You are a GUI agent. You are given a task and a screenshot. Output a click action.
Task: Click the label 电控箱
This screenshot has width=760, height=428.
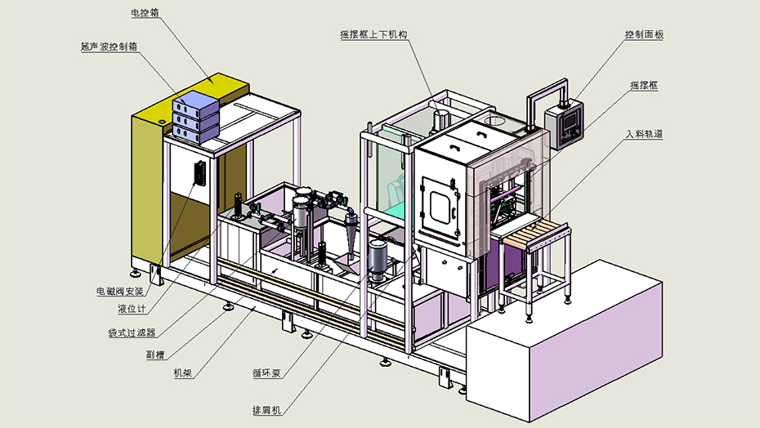145,13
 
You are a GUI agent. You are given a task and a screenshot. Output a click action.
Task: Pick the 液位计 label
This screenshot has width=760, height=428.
132,309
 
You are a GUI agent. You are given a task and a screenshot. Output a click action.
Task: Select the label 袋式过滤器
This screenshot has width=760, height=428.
132,332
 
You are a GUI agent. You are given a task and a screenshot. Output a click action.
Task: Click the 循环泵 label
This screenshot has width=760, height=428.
267,373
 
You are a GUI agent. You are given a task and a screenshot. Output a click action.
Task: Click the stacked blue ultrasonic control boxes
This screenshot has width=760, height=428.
196,115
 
